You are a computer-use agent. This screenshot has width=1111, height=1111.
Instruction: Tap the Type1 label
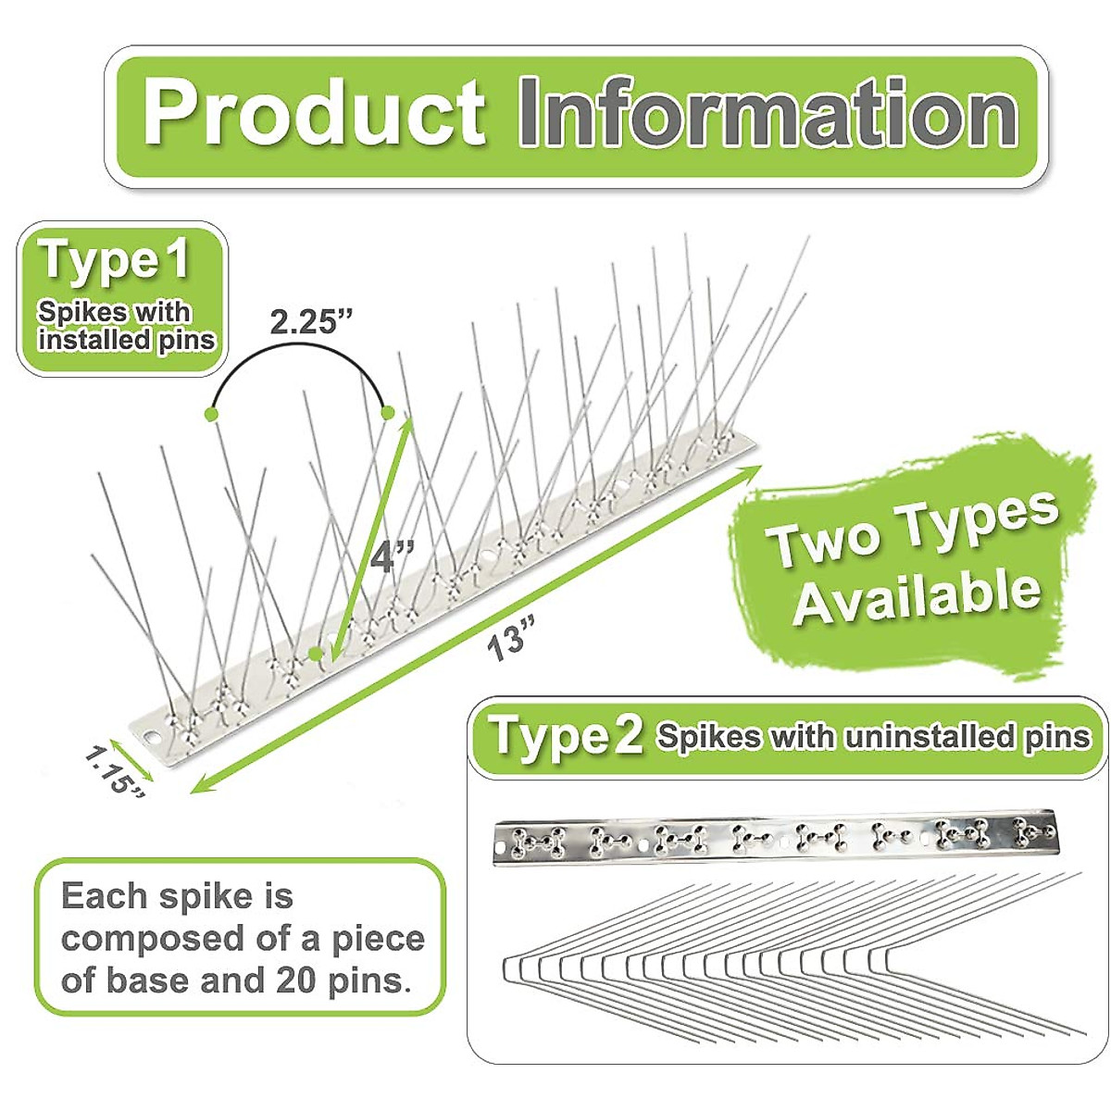pos(114,260)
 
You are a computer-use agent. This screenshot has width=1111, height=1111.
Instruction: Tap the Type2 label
pos(566,736)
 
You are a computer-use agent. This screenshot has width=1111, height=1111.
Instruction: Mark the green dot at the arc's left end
pos(214,412)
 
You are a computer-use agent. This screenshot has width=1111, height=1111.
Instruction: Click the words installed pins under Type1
pos(126,340)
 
